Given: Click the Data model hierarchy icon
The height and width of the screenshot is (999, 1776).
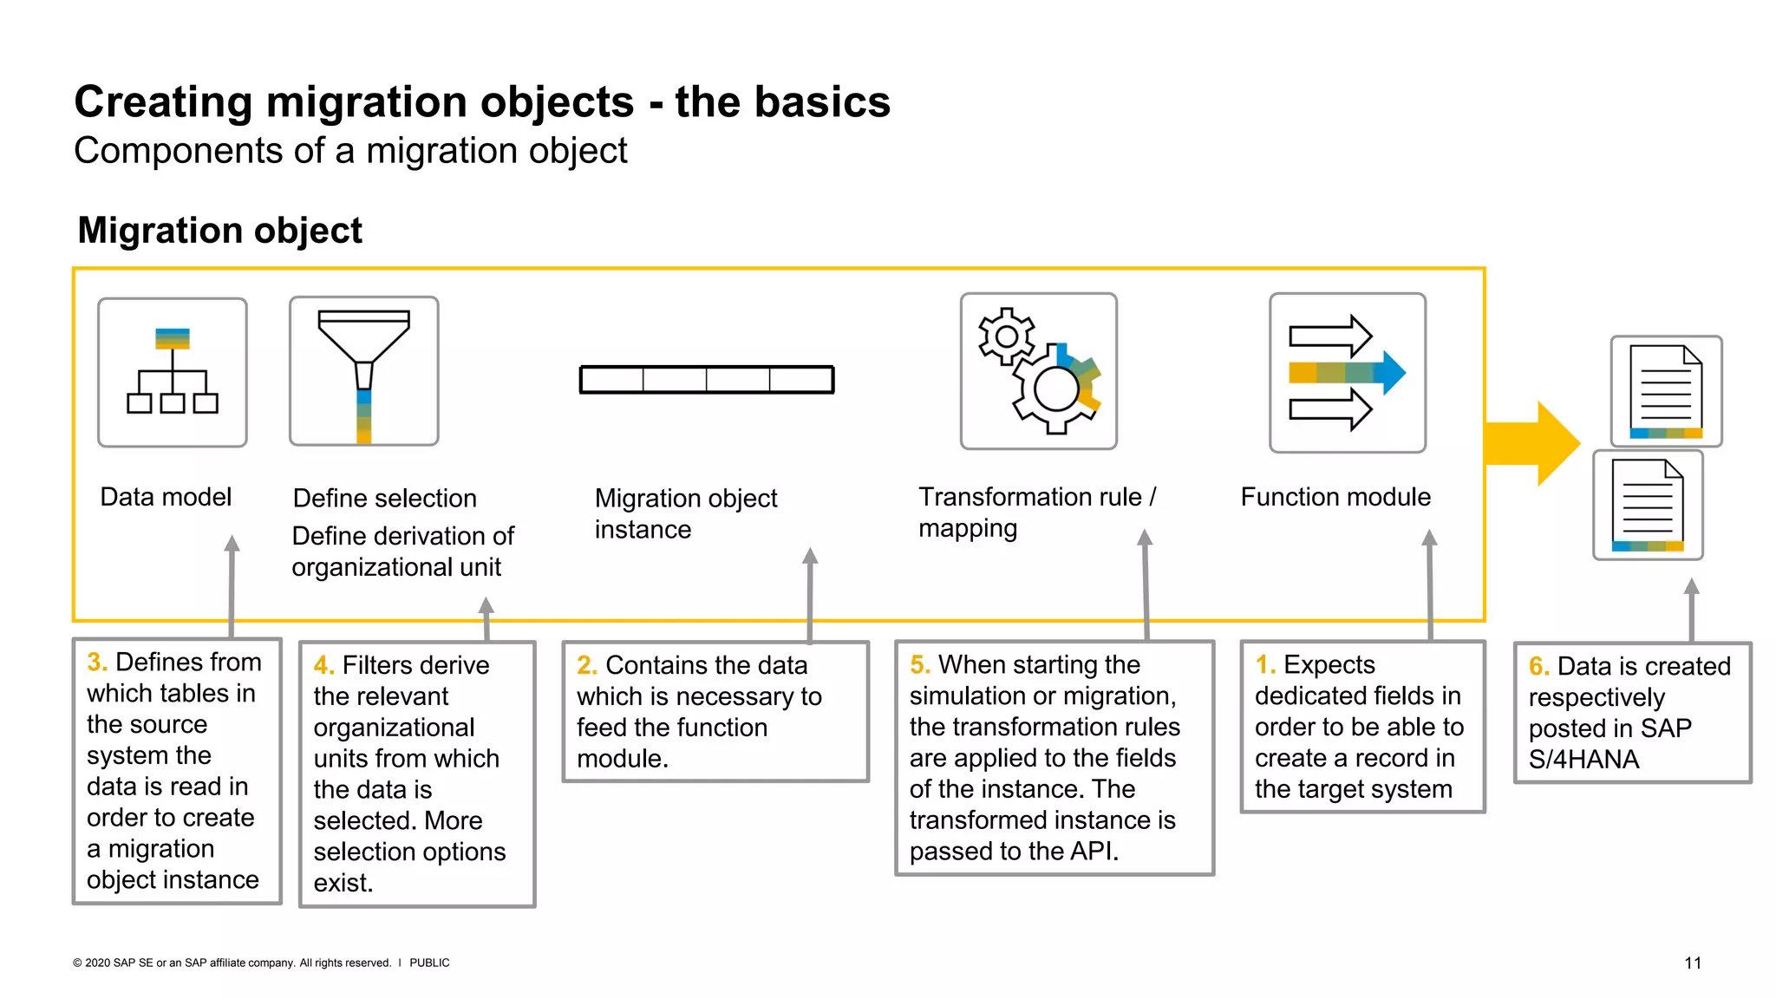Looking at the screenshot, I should pos(173,373).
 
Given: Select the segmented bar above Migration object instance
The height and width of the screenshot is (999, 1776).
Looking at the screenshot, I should pos(707,380).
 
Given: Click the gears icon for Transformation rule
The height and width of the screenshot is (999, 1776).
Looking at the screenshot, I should pos(1039,371).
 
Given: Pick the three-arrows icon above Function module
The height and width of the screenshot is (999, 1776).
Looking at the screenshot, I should pos(1347,373).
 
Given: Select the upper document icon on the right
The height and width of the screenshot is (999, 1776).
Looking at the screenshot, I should pos(1666,391).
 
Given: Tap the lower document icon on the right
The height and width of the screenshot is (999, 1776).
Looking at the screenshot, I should pos(1648,505).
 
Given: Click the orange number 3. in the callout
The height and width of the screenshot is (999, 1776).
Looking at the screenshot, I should pos(97,663).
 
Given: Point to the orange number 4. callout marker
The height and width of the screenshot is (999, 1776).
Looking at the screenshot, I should pos(323,666).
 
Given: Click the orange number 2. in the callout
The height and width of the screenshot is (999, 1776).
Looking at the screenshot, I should pos(587,665).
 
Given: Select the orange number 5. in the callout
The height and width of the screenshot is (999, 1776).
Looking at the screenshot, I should pos(920,665).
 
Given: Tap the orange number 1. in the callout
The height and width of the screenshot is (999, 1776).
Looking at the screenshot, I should pos(1265,665).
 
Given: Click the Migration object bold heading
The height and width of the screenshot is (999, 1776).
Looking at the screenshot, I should pos(219,231).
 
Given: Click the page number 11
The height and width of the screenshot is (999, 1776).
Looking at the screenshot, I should pos(1693,963).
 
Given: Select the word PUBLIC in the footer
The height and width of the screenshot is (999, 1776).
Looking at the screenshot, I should pos(429,963).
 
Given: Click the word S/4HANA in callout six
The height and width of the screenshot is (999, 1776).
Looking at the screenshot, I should pos(1583,760).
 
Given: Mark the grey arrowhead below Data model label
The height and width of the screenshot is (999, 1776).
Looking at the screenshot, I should pos(232,544).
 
